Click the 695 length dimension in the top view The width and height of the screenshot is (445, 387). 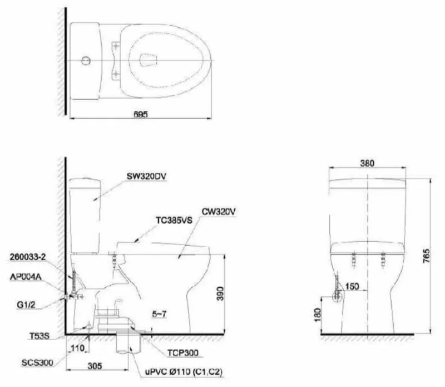141,113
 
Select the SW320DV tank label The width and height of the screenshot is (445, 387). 146,177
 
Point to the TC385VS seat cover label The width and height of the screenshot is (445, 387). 173,219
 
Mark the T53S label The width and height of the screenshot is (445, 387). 41,336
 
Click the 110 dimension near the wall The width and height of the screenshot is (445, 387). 77,348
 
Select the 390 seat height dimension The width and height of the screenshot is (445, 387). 221,296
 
